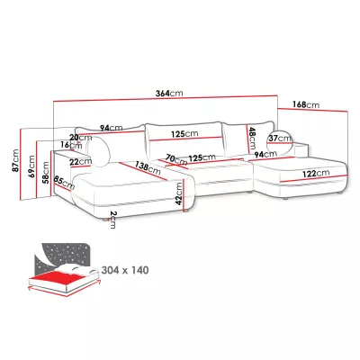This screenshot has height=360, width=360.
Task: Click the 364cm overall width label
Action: click(169, 94)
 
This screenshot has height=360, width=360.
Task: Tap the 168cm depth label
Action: click(306, 104)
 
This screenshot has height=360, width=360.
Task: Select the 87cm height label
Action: click(15, 160)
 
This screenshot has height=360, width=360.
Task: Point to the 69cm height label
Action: click(31, 166)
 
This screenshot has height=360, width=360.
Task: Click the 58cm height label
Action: click(46, 173)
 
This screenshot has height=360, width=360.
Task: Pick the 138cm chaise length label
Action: click(148, 168)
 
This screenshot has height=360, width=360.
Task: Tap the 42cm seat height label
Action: click(179, 193)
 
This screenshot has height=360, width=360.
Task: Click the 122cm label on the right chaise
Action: click(316, 174)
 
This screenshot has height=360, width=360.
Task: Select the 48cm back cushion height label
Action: click(252, 138)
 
